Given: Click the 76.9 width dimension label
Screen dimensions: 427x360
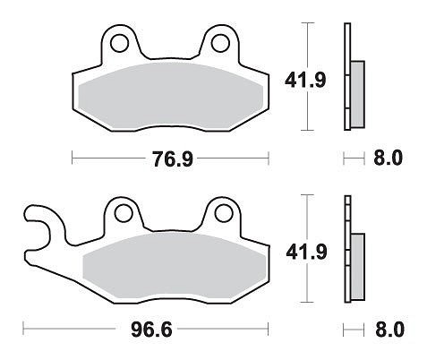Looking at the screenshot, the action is pyautogui.click(x=173, y=159).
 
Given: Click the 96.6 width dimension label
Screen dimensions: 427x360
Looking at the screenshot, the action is pyautogui.click(x=151, y=330).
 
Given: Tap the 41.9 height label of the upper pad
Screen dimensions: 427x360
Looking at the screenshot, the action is pyautogui.click(x=305, y=80).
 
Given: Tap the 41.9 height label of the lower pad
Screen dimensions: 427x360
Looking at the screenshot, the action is pyautogui.click(x=306, y=252).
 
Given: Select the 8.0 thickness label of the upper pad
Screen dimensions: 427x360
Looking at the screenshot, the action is pyautogui.click(x=388, y=158).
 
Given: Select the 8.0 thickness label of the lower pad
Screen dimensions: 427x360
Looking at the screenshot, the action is pyautogui.click(x=389, y=330).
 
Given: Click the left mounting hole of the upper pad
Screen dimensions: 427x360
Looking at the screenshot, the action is pyautogui.click(x=120, y=43).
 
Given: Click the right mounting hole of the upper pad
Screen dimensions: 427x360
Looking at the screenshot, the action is pyautogui.click(x=220, y=43).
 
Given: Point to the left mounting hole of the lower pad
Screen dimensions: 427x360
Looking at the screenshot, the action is pyautogui.click(x=124, y=213).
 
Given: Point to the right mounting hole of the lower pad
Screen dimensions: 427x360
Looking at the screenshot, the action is pyautogui.click(x=224, y=213).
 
